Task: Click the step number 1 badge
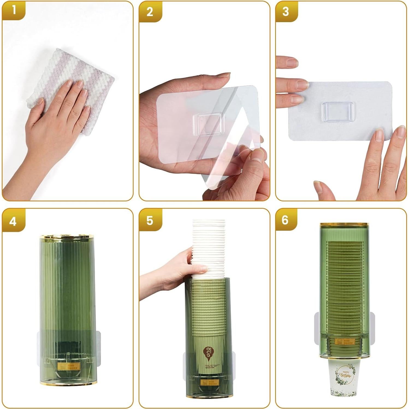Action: pyautogui.click(x=14, y=11)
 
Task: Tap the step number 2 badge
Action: pyautogui.click(x=150, y=12)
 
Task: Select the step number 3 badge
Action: pyautogui.click(x=286, y=12)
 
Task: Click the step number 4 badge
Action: pyautogui.click(x=13, y=221)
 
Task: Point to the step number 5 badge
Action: pyautogui.click(x=150, y=220)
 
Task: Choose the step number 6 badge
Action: pyautogui.click(x=285, y=220)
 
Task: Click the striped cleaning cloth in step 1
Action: pyautogui.click(x=82, y=71)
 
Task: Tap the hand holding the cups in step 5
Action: pyautogui.click(x=175, y=273)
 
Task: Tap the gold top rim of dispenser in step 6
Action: pyautogui.click(x=345, y=225)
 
